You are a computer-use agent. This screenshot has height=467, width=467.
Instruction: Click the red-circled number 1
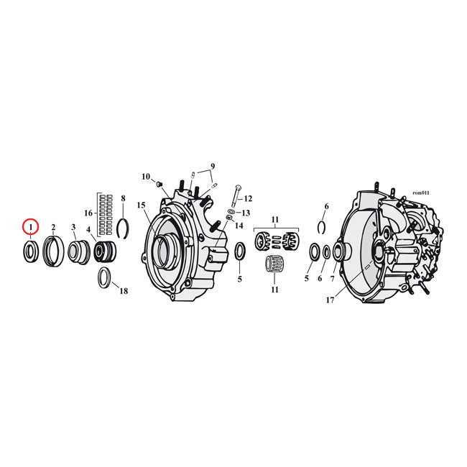pyautogui.click(x=30, y=227)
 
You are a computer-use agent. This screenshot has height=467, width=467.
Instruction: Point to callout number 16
pyautogui.click(x=88, y=213)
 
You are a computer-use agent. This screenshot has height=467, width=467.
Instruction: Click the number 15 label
pyautogui.click(x=142, y=205)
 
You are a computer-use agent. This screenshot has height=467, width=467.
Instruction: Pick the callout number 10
pyautogui.click(x=145, y=176)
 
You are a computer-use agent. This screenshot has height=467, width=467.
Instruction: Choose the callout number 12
pyautogui.click(x=248, y=199)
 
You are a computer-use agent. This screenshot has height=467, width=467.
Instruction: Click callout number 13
pyautogui.click(x=246, y=213)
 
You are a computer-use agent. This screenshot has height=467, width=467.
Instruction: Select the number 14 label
pyautogui.click(x=239, y=226)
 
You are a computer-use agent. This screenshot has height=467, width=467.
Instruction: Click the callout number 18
pyautogui.click(x=124, y=291)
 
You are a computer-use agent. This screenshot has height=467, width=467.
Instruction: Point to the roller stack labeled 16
pyautogui.click(x=106, y=213)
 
